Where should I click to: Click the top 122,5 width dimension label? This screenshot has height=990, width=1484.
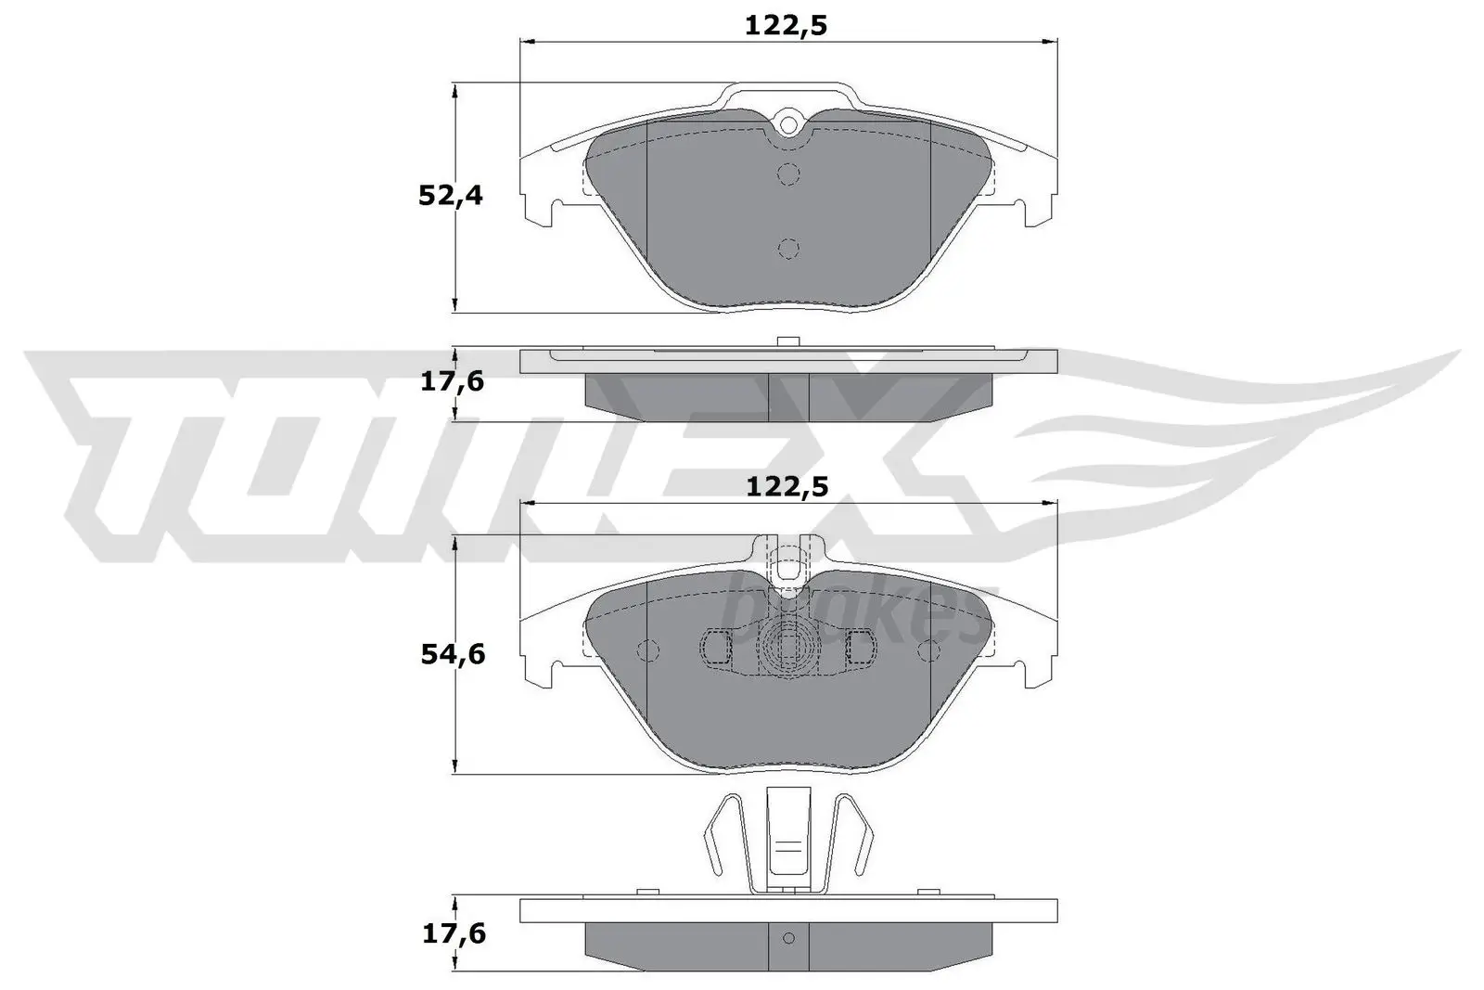(x=786, y=25)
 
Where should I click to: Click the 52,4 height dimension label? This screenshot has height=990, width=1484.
(x=451, y=196)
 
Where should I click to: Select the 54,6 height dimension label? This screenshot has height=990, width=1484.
(x=451, y=654)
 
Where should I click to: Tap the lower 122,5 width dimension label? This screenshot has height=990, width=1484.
(x=787, y=485)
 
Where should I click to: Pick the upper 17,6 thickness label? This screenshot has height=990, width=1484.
(x=452, y=380)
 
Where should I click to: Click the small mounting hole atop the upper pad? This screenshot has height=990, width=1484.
(x=788, y=122)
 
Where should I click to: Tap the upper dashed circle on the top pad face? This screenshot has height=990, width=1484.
(x=788, y=173)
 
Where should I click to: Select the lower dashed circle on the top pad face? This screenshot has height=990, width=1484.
(x=788, y=248)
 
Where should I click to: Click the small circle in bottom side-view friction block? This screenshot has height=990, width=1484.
(x=788, y=936)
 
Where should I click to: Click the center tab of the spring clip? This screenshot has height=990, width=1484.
(x=787, y=835)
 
